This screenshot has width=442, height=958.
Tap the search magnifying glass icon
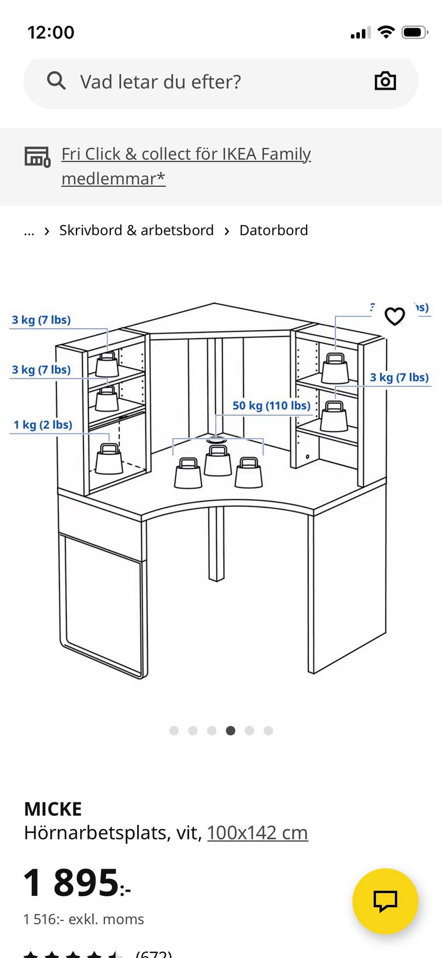[56, 81]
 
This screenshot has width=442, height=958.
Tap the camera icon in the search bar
[385, 81]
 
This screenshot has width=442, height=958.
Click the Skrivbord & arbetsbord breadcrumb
[136, 230]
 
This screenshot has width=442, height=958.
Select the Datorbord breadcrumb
[273, 230]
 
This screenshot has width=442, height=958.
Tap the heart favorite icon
[395, 316]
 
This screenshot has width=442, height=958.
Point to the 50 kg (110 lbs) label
[271, 406]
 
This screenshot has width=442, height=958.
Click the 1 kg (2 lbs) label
[43, 424]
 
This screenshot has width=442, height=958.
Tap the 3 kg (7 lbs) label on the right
[399, 377]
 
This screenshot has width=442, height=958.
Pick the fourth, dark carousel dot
[231, 730]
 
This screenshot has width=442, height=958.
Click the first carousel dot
[174, 730]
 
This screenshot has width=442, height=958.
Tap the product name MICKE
[53, 809]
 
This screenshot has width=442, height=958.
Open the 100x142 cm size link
[257, 833]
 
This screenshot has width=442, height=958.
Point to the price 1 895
[76, 883]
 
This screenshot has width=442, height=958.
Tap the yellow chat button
[385, 901]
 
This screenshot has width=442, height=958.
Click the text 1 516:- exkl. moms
[84, 919]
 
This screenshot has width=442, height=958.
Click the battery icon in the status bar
[414, 33]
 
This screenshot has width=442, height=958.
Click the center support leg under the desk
[216, 544]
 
